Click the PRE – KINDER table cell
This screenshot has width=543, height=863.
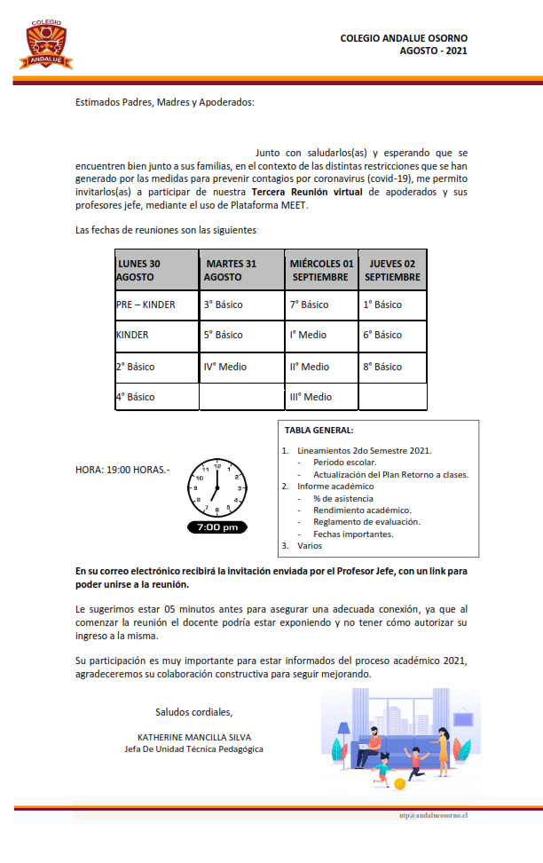pos(146,305)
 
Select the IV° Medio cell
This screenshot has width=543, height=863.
pos(225,366)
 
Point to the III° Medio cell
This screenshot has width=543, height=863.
pos(311,397)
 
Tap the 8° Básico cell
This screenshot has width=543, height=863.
pos(382,366)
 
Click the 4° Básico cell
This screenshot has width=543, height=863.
pos(135,397)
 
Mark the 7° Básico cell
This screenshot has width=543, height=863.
pos(309,305)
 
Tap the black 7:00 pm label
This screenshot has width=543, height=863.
pos(216,527)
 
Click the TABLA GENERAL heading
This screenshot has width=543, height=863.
pos(319,431)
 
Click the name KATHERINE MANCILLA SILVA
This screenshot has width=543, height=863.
pos(193,737)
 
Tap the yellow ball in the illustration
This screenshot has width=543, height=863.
pos(400,783)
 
